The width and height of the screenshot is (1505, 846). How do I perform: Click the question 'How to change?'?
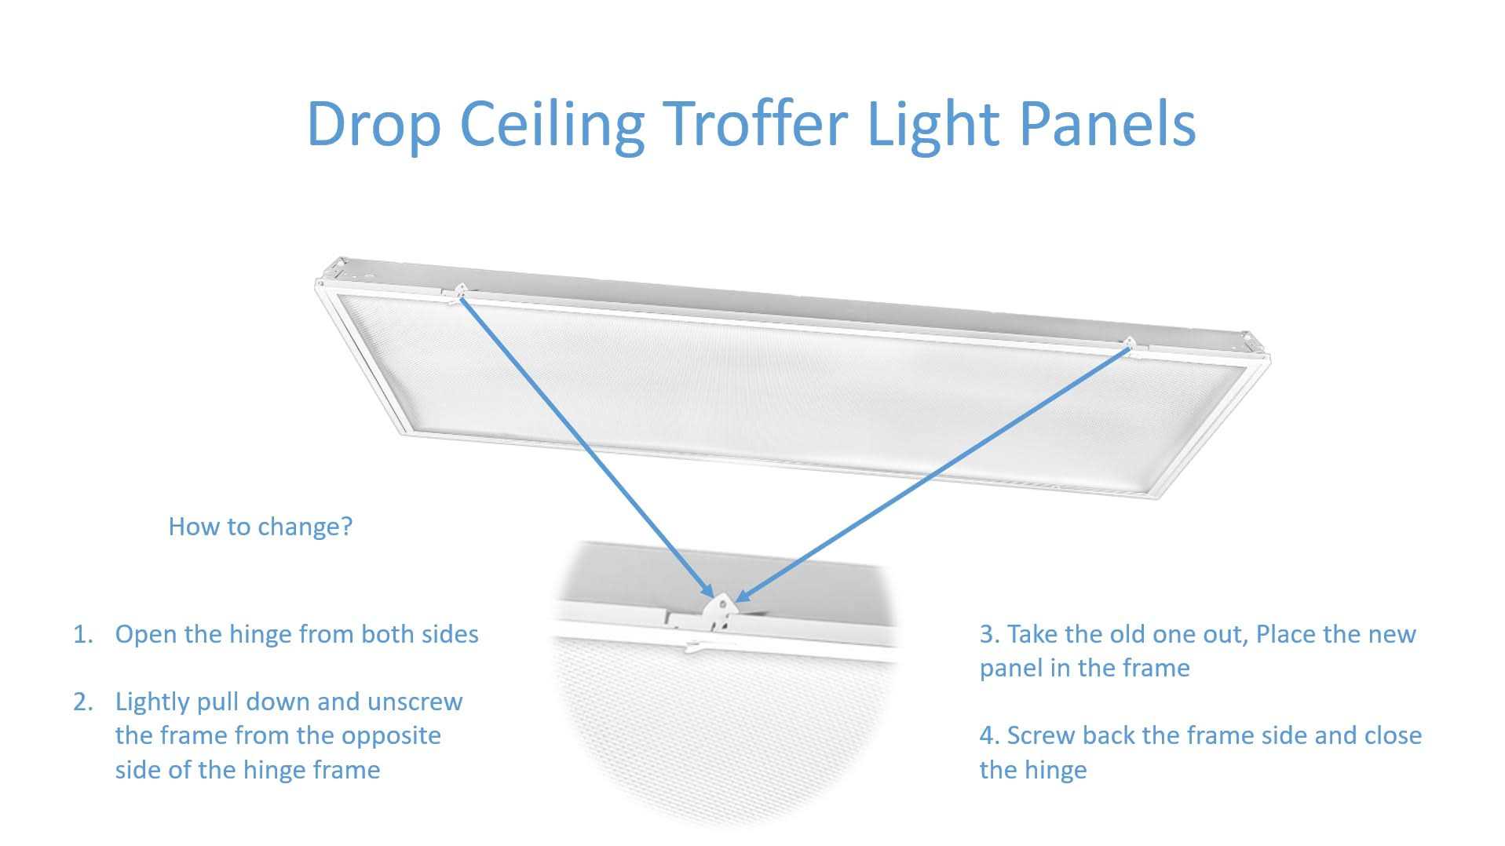(x=261, y=527)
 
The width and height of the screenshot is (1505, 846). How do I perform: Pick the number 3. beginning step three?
(x=990, y=634)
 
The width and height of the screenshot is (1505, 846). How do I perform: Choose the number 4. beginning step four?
(x=990, y=735)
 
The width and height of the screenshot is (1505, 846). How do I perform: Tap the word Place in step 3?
(x=1289, y=634)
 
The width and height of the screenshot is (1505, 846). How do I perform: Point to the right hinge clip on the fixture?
(x=1129, y=344)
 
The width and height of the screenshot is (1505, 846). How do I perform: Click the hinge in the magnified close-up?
(x=721, y=610)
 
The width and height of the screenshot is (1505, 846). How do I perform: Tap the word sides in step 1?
(x=449, y=634)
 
